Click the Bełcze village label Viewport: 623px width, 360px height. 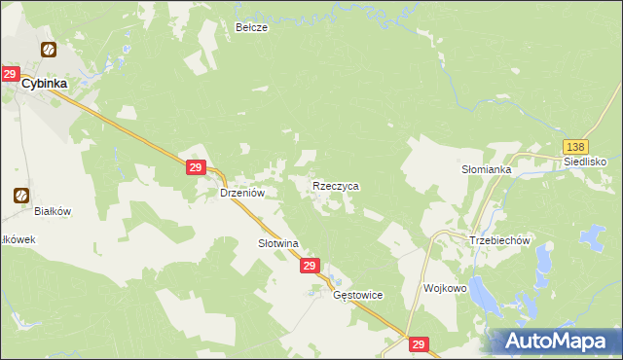click(251, 28)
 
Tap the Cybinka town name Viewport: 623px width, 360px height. click(46, 84)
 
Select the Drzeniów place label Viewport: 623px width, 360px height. click(242, 193)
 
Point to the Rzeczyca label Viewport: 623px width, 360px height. click(336, 185)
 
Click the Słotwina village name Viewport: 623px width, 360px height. click(276, 243)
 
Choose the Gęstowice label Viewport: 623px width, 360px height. click(358, 295)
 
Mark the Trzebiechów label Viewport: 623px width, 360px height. click(497, 240)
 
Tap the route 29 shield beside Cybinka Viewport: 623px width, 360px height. click(11, 74)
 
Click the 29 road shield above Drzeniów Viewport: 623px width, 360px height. click(196, 168)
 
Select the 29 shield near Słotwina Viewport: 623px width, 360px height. click(309, 266)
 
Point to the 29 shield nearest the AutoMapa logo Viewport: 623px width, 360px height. click(419, 344)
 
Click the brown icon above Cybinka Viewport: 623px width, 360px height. click(47, 49)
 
